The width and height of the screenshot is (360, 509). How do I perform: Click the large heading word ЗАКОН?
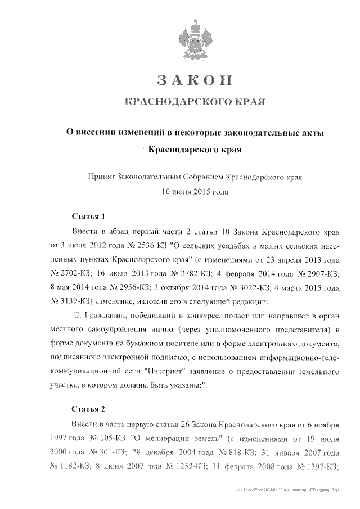pos(194,80)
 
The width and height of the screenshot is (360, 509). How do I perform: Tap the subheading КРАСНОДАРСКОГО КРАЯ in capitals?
pos(194,102)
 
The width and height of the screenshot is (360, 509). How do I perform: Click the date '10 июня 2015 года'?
pos(194,191)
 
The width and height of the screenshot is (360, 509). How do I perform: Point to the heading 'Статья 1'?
pos(89,216)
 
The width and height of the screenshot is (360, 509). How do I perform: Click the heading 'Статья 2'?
pos(89,408)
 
